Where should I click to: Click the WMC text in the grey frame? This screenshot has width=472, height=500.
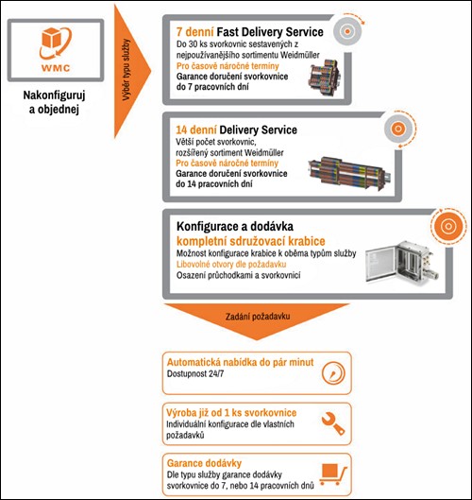point(56,68)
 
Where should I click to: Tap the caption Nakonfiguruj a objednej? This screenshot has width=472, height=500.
point(54,102)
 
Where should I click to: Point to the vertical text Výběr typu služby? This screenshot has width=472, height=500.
point(126,70)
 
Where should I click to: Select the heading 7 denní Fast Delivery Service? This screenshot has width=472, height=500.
point(250,32)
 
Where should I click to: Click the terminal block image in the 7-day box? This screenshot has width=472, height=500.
point(325,78)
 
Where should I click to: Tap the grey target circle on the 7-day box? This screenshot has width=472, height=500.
point(347,31)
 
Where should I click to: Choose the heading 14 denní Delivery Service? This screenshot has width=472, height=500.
point(236,129)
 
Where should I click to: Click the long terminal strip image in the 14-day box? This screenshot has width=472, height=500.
point(349,173)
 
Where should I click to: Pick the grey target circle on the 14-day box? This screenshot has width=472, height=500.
point(398,129)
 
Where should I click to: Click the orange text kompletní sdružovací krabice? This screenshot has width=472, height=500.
point(251,241)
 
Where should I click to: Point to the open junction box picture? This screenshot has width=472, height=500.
point(402,262)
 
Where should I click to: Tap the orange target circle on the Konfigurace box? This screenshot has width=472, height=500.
point(448,226)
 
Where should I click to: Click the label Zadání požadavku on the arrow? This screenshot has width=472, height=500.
point(258,317)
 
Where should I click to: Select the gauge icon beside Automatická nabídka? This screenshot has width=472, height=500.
point(333,372)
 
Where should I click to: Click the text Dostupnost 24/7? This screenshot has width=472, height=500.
point(194,373)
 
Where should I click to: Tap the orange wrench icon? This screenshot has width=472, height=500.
point(333,423)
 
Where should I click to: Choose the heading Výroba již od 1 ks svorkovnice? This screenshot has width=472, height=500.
point(231,413)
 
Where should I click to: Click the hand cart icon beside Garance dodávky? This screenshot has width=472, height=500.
point(333,474)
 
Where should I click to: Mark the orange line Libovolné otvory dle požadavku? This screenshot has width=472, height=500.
point(231,264)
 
